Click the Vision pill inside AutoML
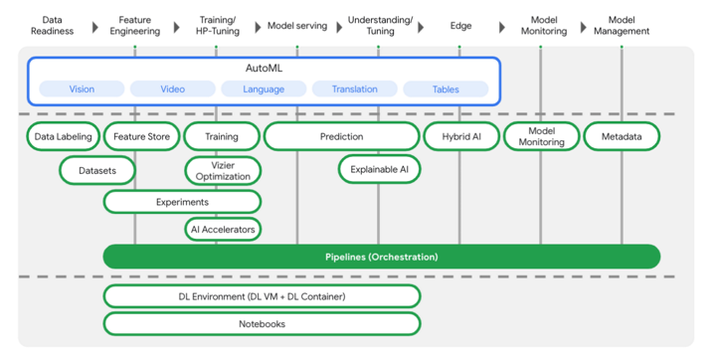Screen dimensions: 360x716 pos(82,90)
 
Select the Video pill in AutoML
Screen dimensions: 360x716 pos(172,90)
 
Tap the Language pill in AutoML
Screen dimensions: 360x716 pos(264,90)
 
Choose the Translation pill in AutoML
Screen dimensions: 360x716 pos(354,90)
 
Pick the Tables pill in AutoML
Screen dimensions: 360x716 pos(446,90)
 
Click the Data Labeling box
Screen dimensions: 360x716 pos(63,136)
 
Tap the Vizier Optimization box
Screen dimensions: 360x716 pos(224,170)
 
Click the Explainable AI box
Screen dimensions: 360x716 pos(379,170)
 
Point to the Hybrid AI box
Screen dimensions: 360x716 pos(459,136)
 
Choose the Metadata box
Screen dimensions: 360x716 pos(622,136)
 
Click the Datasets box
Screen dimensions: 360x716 pos(97,171)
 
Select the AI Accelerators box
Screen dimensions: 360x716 pos(224,230)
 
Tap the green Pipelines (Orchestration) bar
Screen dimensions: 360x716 pos(381,257)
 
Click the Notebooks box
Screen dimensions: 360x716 pos(262,323)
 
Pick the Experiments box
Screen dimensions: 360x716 pos(182,202)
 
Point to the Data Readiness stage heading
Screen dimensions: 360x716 pos(53,25)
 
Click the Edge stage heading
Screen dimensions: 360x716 pos(459,25)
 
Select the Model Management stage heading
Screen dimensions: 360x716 pos(622,25)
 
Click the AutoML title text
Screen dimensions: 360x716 pos(264,67)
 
